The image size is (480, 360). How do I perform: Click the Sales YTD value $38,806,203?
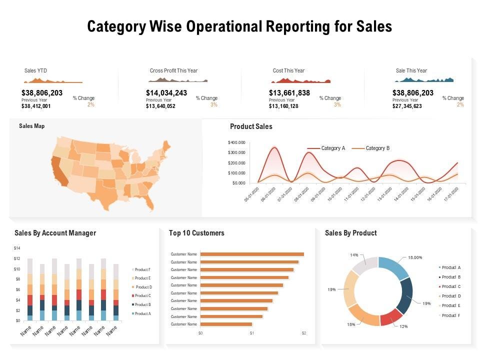tap(42, 93)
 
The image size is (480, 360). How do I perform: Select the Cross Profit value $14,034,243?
tap(166, 93)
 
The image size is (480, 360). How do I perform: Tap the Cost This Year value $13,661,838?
tap(289, 93)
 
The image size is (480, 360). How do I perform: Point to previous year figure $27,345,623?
tap(407, 106)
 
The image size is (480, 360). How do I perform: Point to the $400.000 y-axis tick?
tap(237, 142)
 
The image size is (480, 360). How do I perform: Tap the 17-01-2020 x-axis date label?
tap(453, 192)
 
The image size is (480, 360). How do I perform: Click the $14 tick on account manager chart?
tap(17, 248)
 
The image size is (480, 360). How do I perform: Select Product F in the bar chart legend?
tap(142, 269)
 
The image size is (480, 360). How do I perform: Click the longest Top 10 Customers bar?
tap(252, 254)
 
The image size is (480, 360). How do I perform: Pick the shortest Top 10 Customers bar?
tap(226, 324)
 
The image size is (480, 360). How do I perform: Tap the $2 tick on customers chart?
tap(303, 333)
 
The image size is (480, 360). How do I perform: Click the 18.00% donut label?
tap(415, 257)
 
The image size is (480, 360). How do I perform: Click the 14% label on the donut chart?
tap(354, 255)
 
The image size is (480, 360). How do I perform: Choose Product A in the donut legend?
tap(451, 267)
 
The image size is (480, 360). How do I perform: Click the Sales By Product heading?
tap(350, 233)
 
